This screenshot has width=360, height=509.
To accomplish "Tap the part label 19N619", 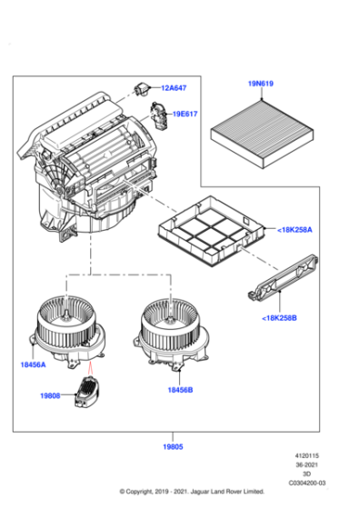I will (x=261, y=85).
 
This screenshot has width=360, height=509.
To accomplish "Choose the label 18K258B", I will (x=279, y=318).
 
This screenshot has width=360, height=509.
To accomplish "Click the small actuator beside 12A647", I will (x=143, y=87).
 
